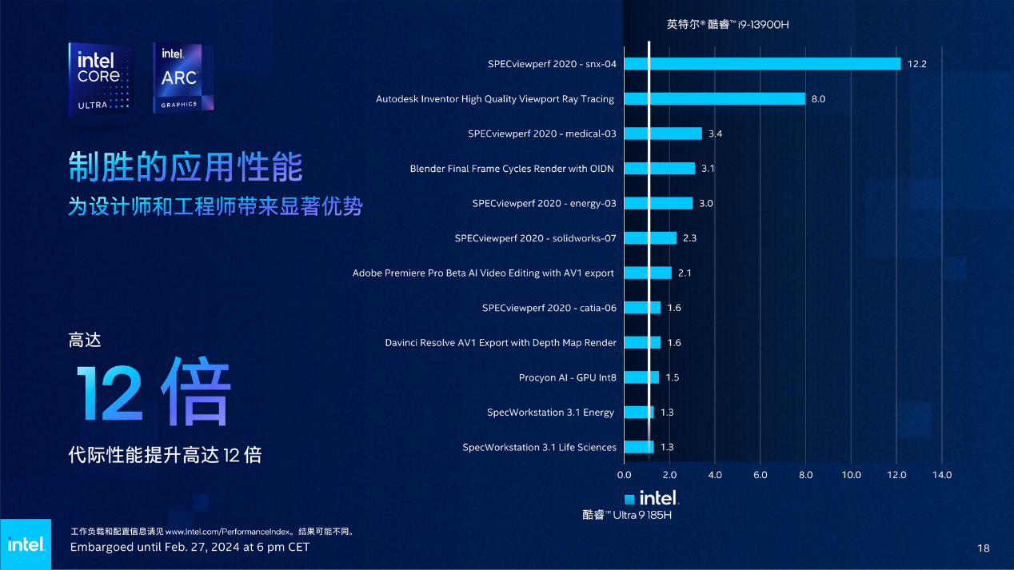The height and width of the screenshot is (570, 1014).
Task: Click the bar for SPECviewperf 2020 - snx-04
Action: pos(762,64)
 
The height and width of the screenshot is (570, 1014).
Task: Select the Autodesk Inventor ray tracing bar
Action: pos(714,99)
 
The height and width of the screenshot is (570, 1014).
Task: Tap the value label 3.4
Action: pos(715,134)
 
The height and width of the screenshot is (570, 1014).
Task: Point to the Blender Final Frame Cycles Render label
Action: pos(513,169)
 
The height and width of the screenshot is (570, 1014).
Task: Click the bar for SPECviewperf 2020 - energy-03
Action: pos(658,203)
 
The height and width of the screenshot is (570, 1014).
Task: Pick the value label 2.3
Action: pos(690,238)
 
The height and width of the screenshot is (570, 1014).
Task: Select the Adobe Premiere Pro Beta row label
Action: pos(483,273)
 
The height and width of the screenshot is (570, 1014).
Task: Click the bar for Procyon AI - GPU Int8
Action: pos(641,377)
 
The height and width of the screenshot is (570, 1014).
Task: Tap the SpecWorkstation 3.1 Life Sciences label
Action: pos(539,447)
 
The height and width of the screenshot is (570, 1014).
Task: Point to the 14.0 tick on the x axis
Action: pos(941,475)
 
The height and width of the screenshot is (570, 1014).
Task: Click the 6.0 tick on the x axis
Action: pos(760,475)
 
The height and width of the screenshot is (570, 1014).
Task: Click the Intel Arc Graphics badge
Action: pos(183,78)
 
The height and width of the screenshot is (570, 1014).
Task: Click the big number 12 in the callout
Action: pos(110,394)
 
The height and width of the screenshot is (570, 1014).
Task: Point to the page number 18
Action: pos(984,548)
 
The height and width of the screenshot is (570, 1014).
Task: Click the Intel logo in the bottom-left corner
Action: pos(25,544)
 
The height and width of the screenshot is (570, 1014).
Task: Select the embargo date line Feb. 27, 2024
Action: pos(190,548)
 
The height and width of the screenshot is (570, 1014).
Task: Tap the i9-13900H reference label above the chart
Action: pos(728,25)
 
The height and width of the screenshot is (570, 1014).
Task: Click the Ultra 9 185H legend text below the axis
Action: pos(626,515)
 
